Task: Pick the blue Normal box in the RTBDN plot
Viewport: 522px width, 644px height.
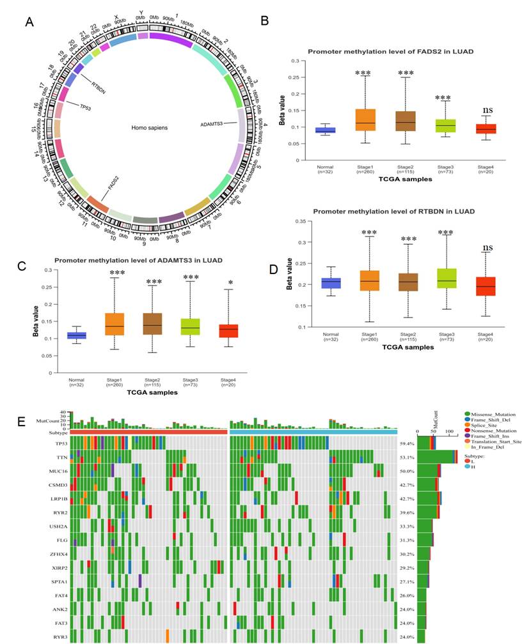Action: (x=331, y=284)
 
